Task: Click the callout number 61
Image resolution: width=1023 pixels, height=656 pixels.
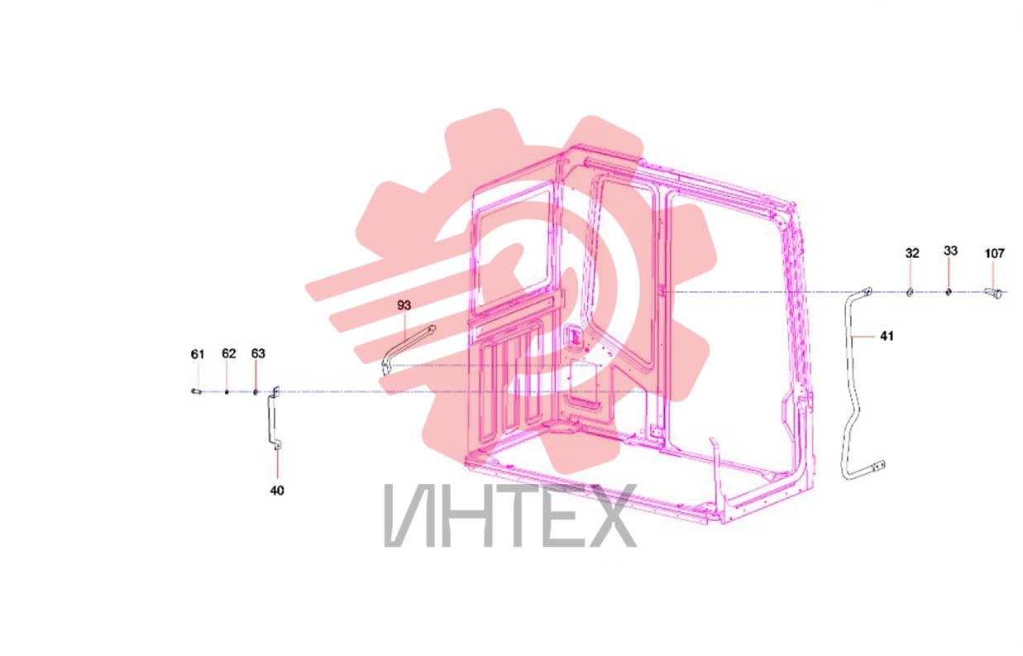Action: coord(198,354)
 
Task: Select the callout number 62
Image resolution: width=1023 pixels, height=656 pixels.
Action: coord(229,353)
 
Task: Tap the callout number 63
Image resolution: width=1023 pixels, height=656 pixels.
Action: coord(258,353)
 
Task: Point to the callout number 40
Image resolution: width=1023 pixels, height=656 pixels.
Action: coord(277,491)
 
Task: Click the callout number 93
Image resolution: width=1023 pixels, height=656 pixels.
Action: coord(404,304)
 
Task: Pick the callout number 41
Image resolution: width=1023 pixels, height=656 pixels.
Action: coord(887,336)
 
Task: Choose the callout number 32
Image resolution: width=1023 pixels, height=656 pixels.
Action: coord(912,252)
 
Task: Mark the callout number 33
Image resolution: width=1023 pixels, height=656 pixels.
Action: coord(950,251)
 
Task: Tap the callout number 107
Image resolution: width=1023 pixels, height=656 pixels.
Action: coord(994,253)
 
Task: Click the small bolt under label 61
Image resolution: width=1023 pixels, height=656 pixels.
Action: coord(196,391)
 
